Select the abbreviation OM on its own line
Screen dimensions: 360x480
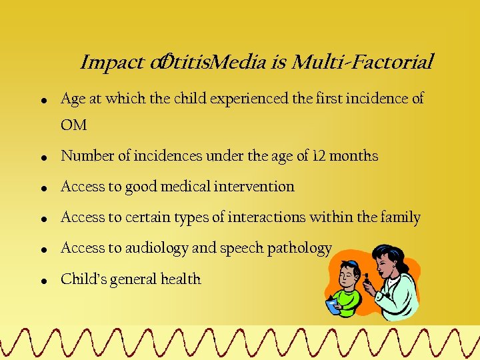click(x=73, y=125)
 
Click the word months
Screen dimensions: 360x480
click(x=353, y=156)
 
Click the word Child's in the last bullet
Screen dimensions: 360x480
click(x=82, y=279)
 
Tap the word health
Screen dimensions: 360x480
click(x=178, y=279)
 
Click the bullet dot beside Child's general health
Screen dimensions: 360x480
click(x=42, y=281)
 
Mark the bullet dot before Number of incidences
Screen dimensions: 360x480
click(x=42, y=159)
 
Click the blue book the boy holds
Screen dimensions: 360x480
click(x=333, y=305)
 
